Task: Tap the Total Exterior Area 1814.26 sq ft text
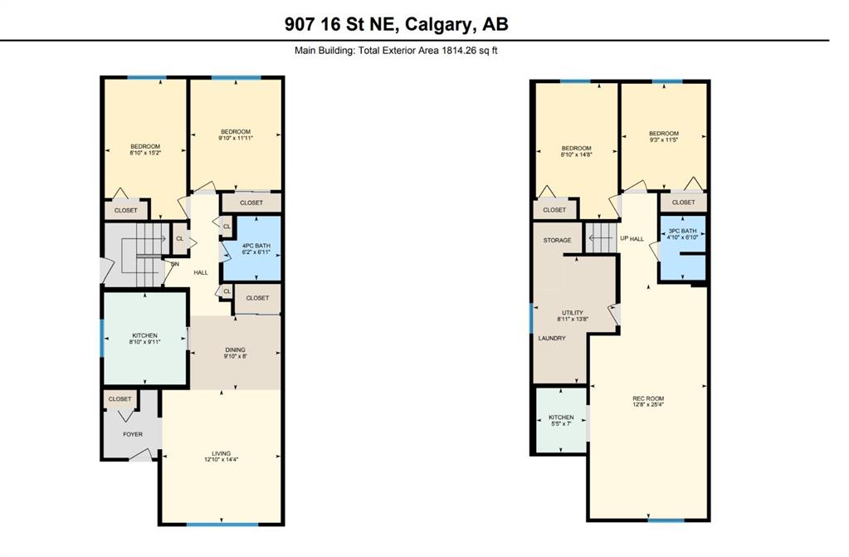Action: click(427, 51)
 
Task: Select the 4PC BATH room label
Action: click(256, 246)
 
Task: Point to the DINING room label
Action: click(236, 350)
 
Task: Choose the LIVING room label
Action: click(221, 453)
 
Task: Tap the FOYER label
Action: click(133, 434)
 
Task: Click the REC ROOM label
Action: click(648, 398)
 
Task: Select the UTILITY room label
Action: click(573, 313)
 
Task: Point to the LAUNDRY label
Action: click(552, 338)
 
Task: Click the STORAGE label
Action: click(557, 240)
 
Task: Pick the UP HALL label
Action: click(632, 238)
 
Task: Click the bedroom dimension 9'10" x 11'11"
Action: click(236, 138)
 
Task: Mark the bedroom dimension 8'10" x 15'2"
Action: click(145, 153)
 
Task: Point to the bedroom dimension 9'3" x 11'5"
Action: click(664, 139)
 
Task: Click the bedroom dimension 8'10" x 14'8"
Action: click(576, 154)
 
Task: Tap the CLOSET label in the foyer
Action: click(120, 398)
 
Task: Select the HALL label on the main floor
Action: click(201, 272)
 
